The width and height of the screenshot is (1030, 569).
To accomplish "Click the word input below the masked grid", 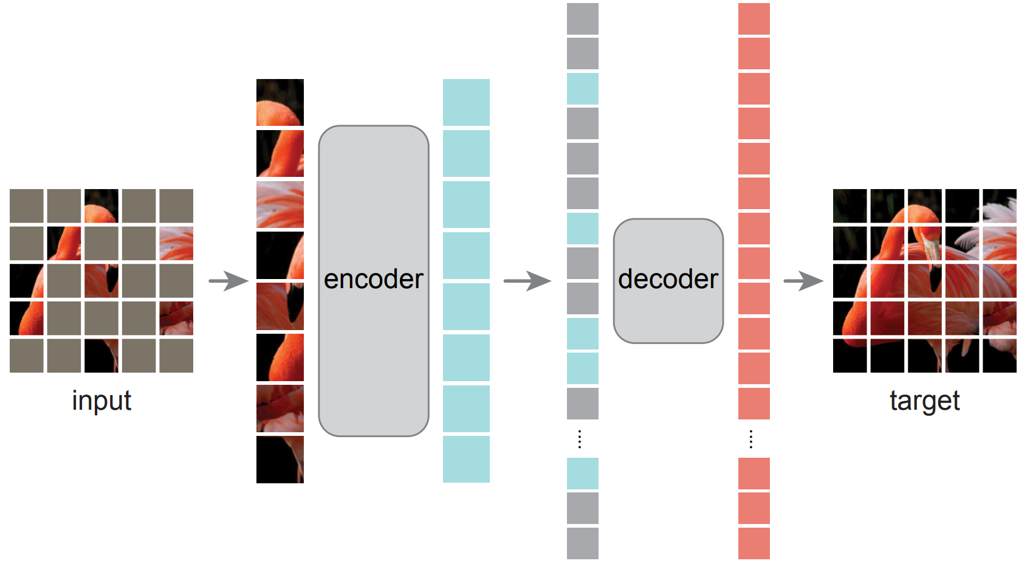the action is [x=101, y=401].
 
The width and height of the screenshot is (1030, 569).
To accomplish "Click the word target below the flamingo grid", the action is [x=925, y=401].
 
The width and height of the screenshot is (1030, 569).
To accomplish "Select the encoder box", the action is [x=373, y=281].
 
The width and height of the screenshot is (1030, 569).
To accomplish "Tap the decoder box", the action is [x=668, y=281].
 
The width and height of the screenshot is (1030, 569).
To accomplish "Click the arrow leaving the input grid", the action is [x=228, y=281].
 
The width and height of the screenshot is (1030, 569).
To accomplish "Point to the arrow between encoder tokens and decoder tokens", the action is [x=527, y=281].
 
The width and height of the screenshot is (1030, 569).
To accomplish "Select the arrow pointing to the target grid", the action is [x=803, y=281].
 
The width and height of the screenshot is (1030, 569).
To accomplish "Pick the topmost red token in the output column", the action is [x=754, y=19].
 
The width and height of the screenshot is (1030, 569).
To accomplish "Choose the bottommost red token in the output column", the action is [x=754, y=543].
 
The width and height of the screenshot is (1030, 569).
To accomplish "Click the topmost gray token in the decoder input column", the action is [x=583, y=19].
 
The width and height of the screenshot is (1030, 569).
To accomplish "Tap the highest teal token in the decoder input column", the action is [x=583, y=89].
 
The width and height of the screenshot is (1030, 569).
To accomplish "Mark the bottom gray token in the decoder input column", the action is [x=583, y=543].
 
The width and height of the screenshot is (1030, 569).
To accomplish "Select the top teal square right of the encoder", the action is [x=466, y=102].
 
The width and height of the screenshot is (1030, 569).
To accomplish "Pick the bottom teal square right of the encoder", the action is [x=466, y=459].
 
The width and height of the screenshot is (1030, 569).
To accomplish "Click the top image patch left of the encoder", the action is [x=280, y=102].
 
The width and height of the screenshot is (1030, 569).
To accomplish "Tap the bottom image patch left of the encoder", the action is [x=280, y=460].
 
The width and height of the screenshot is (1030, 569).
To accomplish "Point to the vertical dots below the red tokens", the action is [x=751, y=440].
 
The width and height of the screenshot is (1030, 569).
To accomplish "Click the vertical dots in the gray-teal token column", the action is [x=580, y=440].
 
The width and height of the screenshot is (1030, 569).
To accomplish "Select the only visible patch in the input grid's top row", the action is [x=101, y=205].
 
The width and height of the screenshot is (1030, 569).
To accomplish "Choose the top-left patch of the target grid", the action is [x=850, y=205].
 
